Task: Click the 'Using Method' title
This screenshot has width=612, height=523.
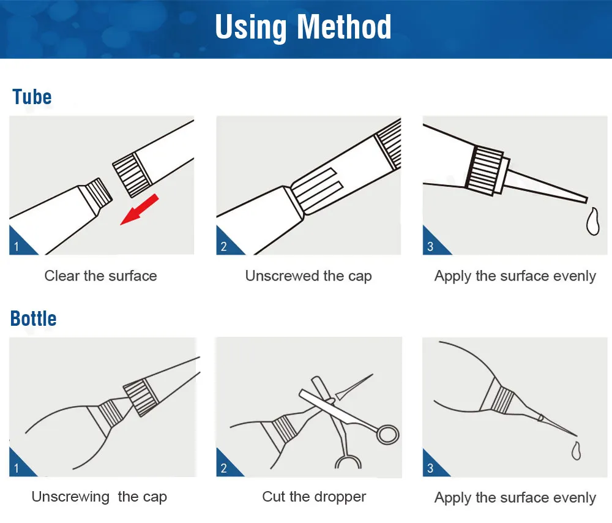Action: (303, 28)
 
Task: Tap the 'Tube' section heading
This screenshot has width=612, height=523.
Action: (32, 97)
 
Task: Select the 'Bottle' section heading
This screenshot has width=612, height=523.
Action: (34, 318)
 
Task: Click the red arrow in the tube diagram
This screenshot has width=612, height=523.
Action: (140, 209)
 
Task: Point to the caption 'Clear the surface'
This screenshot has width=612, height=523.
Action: (101, 276)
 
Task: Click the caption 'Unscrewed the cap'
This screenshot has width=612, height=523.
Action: (308, 276)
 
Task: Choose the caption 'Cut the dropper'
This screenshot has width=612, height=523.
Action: (314, 497)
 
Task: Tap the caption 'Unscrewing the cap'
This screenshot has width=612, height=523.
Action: (99, 497)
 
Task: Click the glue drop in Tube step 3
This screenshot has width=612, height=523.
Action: (593, 222)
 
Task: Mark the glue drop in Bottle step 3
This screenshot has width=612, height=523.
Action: (576, 451)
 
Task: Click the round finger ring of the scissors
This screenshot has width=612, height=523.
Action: (387, 434)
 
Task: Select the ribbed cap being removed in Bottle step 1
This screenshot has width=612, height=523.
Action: (141, 397)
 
